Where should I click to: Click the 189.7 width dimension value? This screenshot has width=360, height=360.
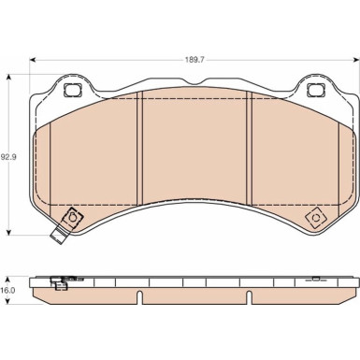194,60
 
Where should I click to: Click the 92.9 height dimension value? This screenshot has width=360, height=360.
8,157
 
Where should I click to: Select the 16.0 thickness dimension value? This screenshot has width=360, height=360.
7,291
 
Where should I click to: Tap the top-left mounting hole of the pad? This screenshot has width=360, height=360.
71,90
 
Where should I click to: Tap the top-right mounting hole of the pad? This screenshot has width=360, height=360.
315,90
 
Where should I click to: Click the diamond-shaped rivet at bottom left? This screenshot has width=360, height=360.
72,217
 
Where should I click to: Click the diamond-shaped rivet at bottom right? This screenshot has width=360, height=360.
315,218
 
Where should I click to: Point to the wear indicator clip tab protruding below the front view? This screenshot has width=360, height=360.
59,237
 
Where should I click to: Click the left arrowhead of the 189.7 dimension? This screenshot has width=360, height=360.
33,60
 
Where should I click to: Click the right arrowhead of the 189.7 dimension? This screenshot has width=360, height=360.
356,60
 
